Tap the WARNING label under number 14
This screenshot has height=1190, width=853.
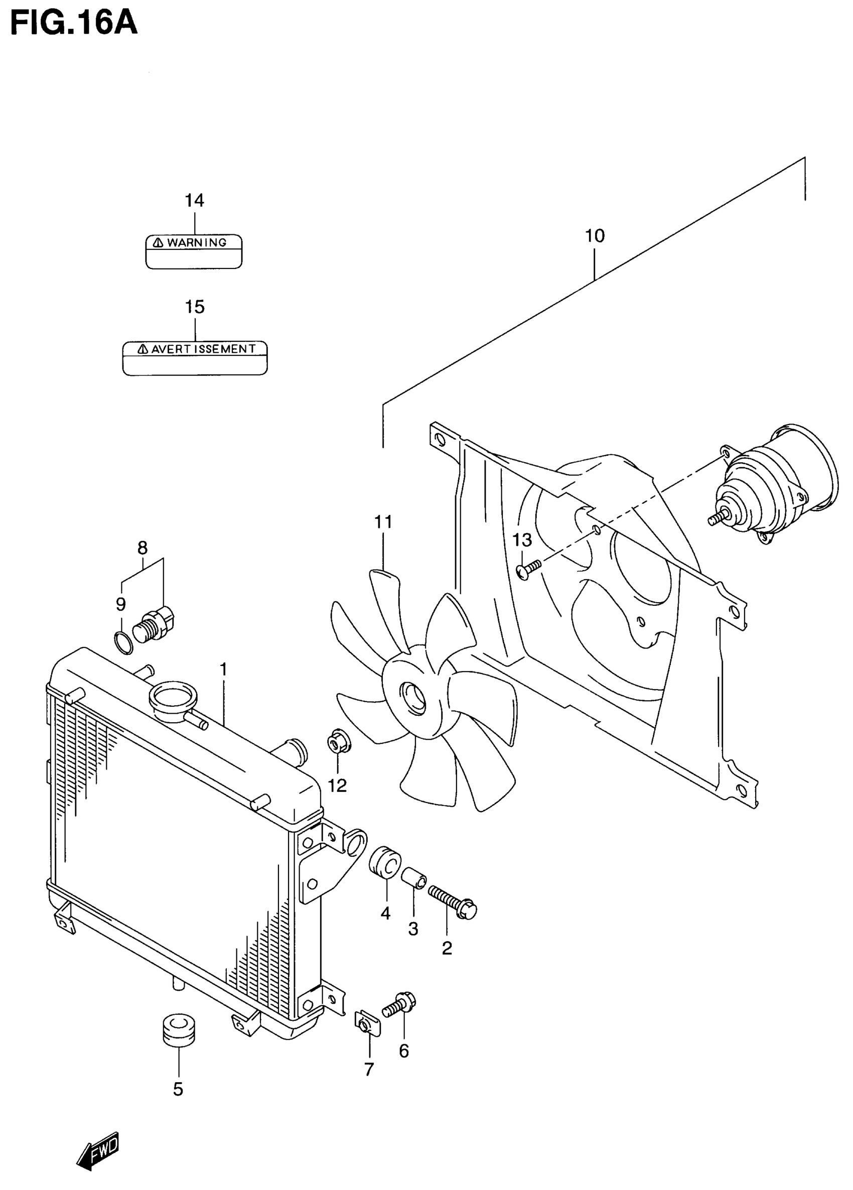pyautogui.click(x=194, y=251)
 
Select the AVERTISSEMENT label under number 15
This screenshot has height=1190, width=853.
pyautogui.click(x=195, y=358)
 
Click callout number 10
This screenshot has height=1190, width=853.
pyautogui.click(x=595, y=236)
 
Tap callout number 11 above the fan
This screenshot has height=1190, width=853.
pyautogui.click(x=383, y=522)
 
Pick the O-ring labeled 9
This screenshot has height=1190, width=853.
pyautogui.click(x=123, y=643)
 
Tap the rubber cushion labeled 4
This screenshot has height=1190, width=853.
pyautogui.click(x=385, y=862)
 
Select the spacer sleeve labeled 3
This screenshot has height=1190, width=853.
pyautogui.click(x=414, y=878)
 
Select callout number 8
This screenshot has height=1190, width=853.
pyautogui.click(x=142, y=548)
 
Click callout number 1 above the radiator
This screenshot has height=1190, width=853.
pyautogui.click(x=223, y=670)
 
